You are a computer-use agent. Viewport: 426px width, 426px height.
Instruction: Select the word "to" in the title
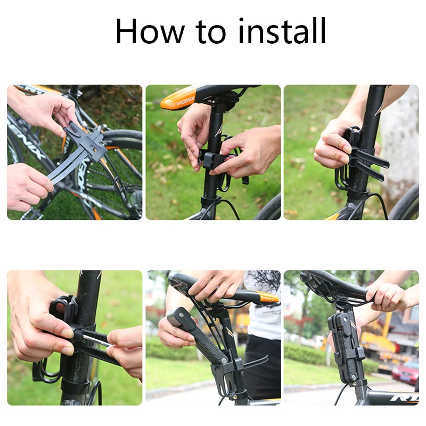210,32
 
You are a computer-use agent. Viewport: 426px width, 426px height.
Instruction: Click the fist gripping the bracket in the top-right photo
331,144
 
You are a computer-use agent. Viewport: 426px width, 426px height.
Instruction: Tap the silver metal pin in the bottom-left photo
97,341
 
